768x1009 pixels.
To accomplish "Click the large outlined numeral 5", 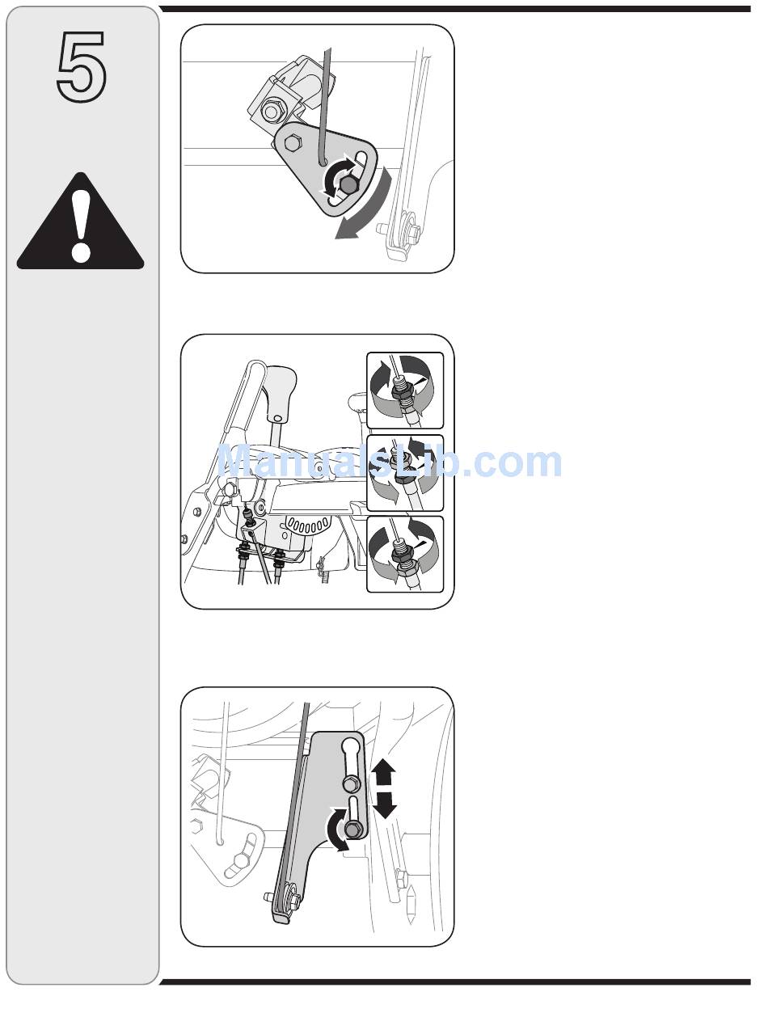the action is [82, 66].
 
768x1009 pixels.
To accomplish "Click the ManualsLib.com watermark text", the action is [390, 462].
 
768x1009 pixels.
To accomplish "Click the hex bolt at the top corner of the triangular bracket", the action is [291, 142].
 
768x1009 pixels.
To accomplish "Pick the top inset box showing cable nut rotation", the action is [405, 391].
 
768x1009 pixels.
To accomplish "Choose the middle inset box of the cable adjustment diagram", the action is [405, 472].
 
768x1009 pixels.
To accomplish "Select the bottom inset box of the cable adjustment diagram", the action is [405, 554].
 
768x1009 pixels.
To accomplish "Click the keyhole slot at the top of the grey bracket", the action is [352, 754].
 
